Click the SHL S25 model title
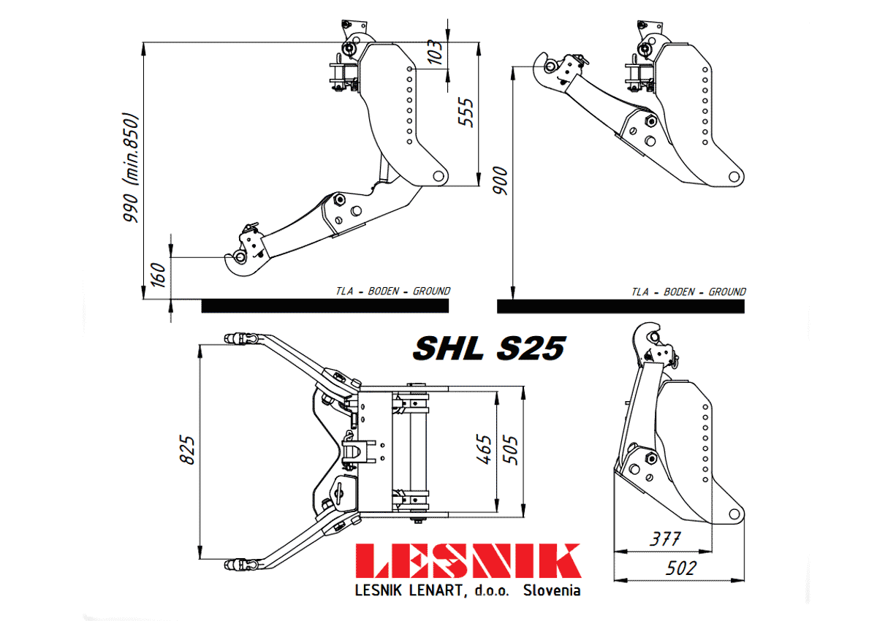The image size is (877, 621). click(489, 348)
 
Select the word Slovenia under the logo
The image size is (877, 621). click(552, 590)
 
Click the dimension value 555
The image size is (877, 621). click(466, 113)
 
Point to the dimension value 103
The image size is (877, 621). click(435, 52)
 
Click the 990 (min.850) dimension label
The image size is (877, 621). click(131, 167)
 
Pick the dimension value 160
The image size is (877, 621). click(159, 275)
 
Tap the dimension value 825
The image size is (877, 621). click(187, 450)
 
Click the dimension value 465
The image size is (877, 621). click(484, 449)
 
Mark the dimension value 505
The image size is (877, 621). click(510, 450)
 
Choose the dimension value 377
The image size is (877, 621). click(665, 539)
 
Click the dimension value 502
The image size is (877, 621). click(681, 568)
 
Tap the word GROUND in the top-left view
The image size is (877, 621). click(431, 291)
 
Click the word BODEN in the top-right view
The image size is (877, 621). click(678, 292)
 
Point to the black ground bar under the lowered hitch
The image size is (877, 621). click(325, 306)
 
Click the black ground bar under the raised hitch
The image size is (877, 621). click(620, 306)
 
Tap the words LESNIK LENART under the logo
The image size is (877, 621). click(409, 590)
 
